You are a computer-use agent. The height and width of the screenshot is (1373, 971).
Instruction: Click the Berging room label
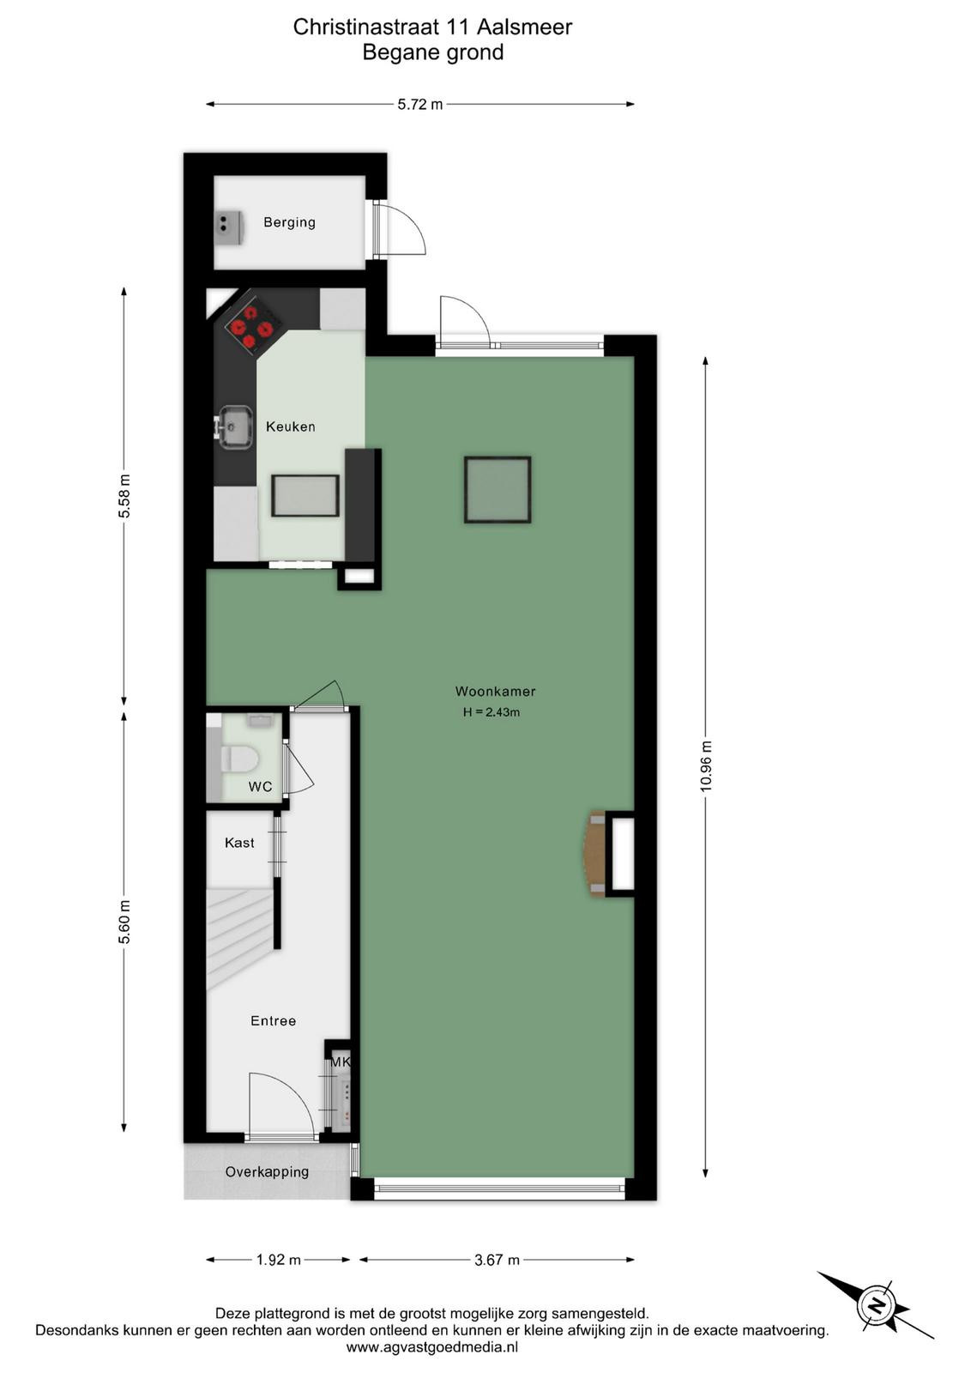289,222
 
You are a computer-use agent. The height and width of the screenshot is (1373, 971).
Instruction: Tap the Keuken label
291,426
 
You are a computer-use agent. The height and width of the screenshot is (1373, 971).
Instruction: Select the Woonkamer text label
495,692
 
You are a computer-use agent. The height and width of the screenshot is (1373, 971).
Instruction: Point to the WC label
260,786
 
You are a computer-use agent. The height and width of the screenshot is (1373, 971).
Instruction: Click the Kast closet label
239,843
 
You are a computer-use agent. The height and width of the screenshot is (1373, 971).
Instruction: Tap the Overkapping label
267,1172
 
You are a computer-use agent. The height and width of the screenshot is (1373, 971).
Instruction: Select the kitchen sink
236,426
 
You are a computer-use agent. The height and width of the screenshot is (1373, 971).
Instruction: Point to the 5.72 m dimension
419,104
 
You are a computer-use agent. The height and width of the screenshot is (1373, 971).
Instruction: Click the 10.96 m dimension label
706,765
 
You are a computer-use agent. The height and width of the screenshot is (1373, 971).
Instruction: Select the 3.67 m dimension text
497,1260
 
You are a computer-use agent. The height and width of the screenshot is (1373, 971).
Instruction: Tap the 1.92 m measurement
279,1260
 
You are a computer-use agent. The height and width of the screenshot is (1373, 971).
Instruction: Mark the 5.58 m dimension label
124,497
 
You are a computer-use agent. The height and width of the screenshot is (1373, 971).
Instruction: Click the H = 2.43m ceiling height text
492,712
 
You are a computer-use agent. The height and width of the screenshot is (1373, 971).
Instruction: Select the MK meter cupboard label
341,1062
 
